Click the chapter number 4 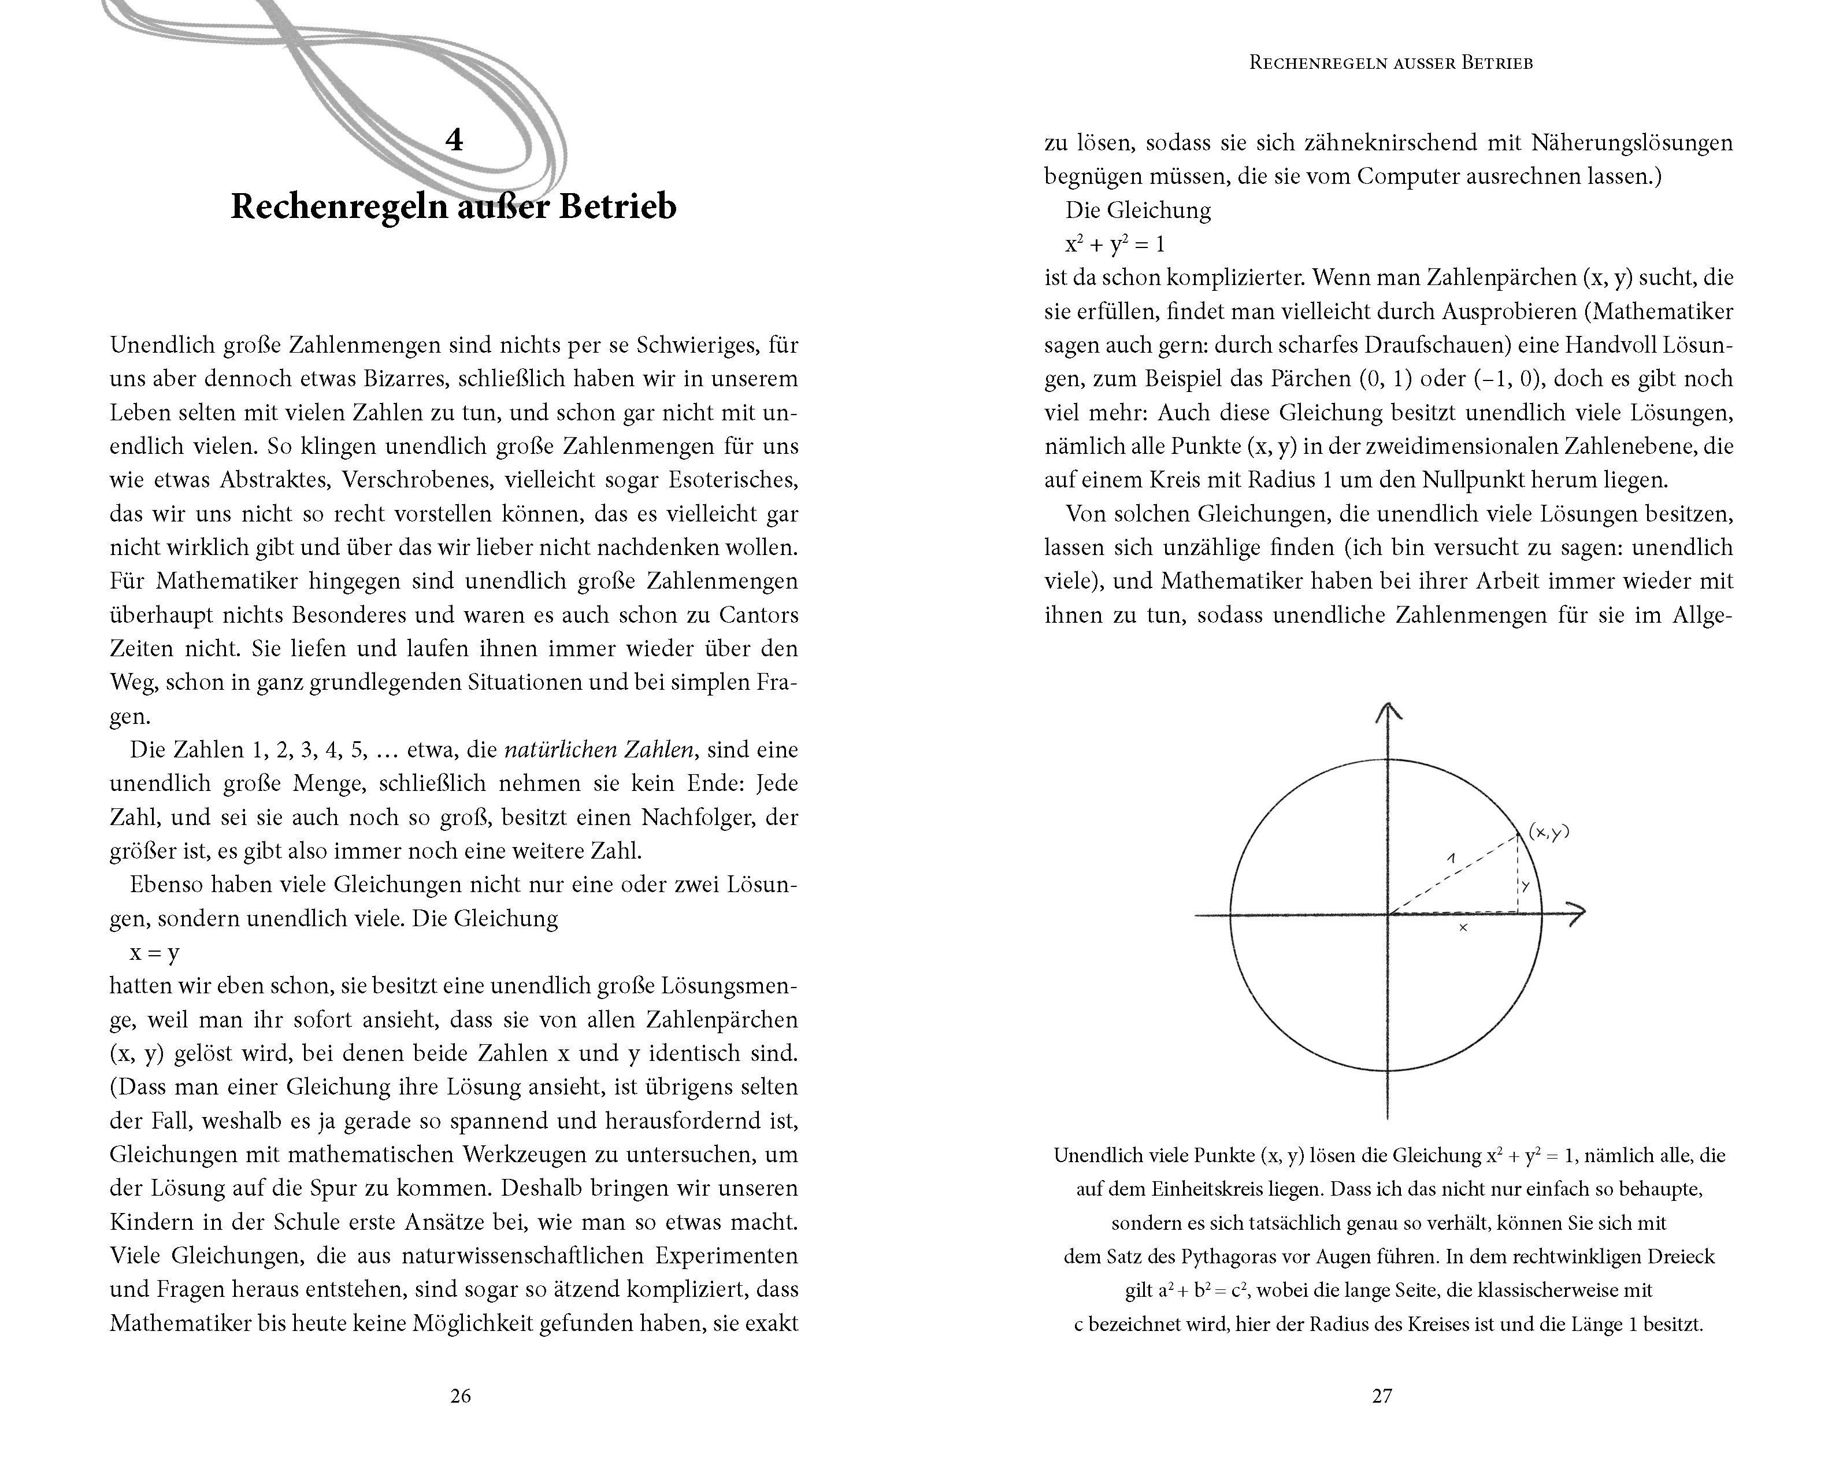click(454, 139)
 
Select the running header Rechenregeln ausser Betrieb click(1391, 62)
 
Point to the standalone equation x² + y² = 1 click(1115, 245)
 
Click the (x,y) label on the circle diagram click(1549, 831)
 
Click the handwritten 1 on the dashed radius click(1451, 857)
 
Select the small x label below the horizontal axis click(1463, 927)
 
